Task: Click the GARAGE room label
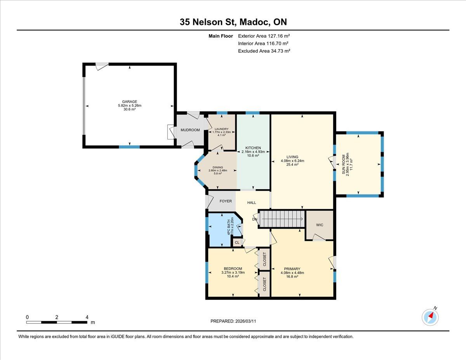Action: [x=130, y=102]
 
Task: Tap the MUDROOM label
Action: [x=190, y=130]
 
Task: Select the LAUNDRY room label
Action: [x=221, y=129]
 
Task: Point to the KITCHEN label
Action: [x=253, y=148]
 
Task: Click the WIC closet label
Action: [x=320, y=225]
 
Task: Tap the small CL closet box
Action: [x=237, y=242]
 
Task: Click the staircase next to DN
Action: [x=282, y=219]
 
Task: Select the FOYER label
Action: [x=226, y=201]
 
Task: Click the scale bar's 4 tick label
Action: [x=87, y=317]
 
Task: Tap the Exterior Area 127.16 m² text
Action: [x=264, y=36]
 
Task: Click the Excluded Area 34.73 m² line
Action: [x=264, y=51]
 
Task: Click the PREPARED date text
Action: [x=233, y=321]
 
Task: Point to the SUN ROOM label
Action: [x=344, y=164]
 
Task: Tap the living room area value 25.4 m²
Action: [x=292, y=165]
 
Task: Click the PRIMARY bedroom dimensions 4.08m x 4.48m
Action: [x=292, y=273]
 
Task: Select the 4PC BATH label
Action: [x=229, y=227]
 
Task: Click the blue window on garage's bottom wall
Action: [x=129, y=147]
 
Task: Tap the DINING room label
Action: [x=218, y=167]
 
